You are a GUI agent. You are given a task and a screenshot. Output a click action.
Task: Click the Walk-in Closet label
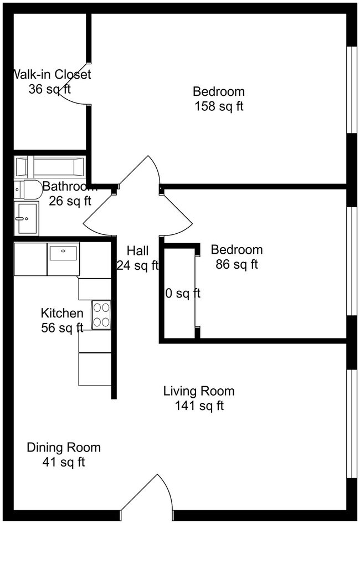click(x=52, y=74)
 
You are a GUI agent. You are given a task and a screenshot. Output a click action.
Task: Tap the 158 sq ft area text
click(x=218, y=106)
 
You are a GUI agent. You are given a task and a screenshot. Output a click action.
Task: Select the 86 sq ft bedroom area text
click(x=236, y=265)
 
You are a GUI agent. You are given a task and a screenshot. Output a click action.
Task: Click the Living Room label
click(x=198, y=391)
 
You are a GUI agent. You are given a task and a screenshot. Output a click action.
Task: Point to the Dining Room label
click(x=64, y=447)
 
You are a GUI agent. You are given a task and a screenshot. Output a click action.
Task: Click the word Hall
click(x=137, y=250)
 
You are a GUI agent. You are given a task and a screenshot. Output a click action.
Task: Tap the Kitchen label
click(x=62, y=314)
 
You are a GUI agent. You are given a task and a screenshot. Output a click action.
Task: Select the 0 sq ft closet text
click(x=183, y=293)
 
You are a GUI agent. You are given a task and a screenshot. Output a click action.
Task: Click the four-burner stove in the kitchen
click(x=101, y=315)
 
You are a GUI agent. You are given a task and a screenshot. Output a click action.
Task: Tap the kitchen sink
click(x=63, y=254)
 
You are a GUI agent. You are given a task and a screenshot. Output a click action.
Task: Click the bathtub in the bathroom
click(x=50, y=166)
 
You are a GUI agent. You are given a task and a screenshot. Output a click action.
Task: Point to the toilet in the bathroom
click(x=28, y=189)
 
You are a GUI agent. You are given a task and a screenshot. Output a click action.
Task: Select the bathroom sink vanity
click(x=26, y=218)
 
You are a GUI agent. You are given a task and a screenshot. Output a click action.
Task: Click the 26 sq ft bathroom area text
click(x=70, y=201)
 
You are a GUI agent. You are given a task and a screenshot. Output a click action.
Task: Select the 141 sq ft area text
click(x=198, y=406)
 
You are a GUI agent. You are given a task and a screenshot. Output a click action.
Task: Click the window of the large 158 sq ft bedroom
click(x=351, y=90)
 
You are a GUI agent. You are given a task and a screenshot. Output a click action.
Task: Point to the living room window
click(x=351, y=423)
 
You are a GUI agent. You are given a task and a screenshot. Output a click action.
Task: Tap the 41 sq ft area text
click(x=64, y=462)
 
